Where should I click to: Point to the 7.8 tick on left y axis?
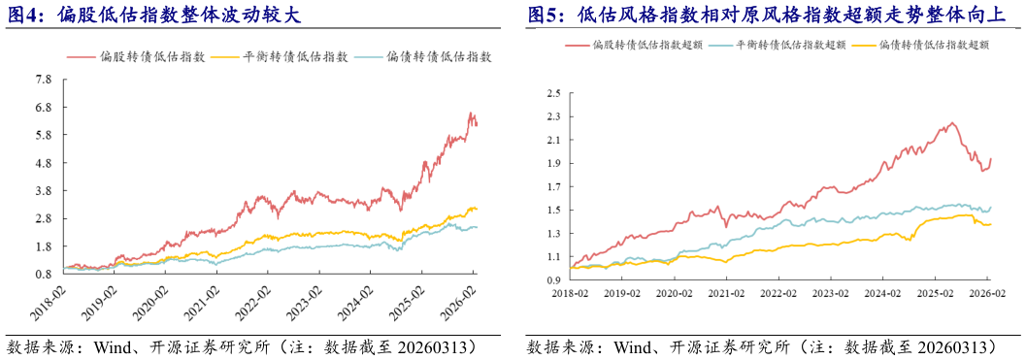click(44, 80)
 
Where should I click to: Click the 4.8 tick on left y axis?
click(44, 163)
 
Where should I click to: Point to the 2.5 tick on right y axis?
click(554, 94)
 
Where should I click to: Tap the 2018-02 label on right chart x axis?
click(573, 291)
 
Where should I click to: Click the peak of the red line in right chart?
click(952, 122)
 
